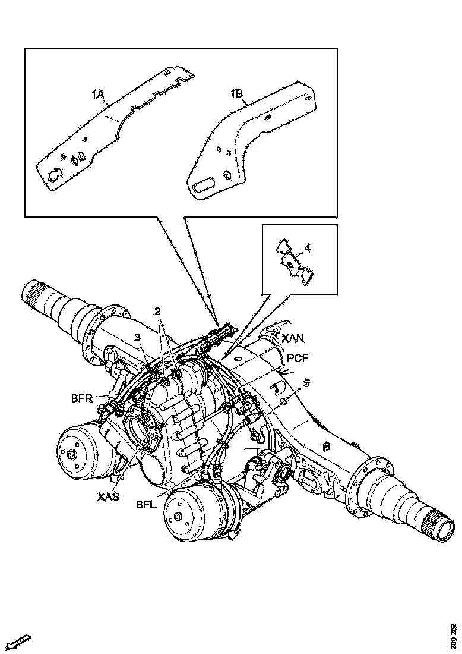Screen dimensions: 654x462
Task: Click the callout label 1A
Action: click(98, 93)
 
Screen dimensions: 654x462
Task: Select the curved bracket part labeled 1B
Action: click(249, 137)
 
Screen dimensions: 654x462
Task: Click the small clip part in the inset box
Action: click(295, 262)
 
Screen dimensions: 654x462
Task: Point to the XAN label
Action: click(293, 338)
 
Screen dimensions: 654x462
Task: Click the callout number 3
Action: click(137, 337)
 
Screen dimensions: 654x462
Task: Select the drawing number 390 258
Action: click(454, 636)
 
